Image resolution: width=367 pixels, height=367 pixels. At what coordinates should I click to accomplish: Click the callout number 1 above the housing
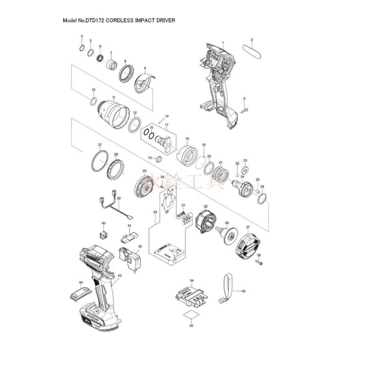pos(223,43)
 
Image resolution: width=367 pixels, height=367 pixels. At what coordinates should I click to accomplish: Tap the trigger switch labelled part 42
pos(131,259)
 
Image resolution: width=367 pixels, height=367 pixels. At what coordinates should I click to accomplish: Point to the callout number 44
pos(81,282)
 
